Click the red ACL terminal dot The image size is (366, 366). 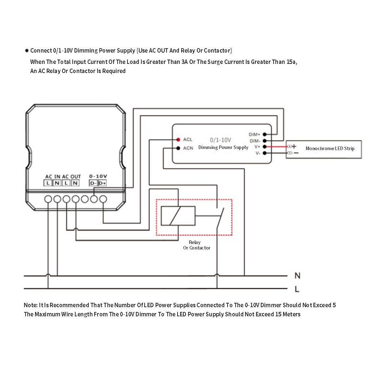pyautogui.click(x=178, y=140)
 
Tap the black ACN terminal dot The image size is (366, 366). pyautogui.click(x=178, y=148)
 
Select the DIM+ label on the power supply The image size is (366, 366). pyautogui.click(x=254, y=134)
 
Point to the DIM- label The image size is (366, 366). pyautogui.click(x=255, y=141)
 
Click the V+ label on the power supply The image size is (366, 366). pyautogui.click(x=257, y=147)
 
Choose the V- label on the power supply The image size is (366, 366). pyautogui.click(x=258, y=153)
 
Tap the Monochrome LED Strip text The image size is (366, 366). pyautogui.click(x=330, y=149)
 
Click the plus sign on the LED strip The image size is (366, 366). pyautogui.click(x=294, y=146)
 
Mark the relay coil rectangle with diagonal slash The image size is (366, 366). pyautogui.click(x=178, y=216)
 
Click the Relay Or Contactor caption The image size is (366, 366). pyautogui.click(x=197, y=245)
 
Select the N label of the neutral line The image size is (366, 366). pyautogui.click(x=297, y=276)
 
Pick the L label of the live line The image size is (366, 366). pyautogui.click(x=297, y=289)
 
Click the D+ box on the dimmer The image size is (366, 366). pyautogui.click(x=102, y=183)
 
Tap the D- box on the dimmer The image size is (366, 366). pyautogui.click(x=93, y=183)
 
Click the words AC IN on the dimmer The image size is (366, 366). pyautogui.click(x=53, y=177)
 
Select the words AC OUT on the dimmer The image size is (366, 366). pyautogui.click(x=71, y=177)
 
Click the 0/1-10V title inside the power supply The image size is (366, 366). pyautogui.click(x=220, y=140)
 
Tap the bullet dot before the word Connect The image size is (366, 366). pyautogui.click(x=26, y=51)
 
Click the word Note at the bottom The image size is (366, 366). pyautogui.click(x=30, y=305)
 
